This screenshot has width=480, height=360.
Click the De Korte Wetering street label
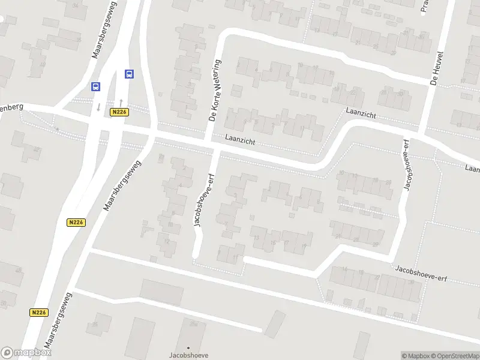point(215,91)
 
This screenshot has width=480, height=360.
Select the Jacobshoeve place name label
point(188,355)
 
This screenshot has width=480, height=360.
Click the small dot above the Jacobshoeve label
point(188,347)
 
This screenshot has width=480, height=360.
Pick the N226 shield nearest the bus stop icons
point(119,112)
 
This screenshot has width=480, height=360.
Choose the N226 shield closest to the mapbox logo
point(38,313)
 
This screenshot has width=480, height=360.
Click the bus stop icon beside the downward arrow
point(95,86)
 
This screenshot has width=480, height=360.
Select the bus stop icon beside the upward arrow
point(129,74)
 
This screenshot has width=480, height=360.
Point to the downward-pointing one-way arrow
point(98,107)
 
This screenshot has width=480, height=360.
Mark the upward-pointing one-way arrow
point(121,101)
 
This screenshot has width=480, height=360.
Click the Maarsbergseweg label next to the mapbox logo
point(59,322)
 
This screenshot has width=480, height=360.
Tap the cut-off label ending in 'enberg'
point(11,107)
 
